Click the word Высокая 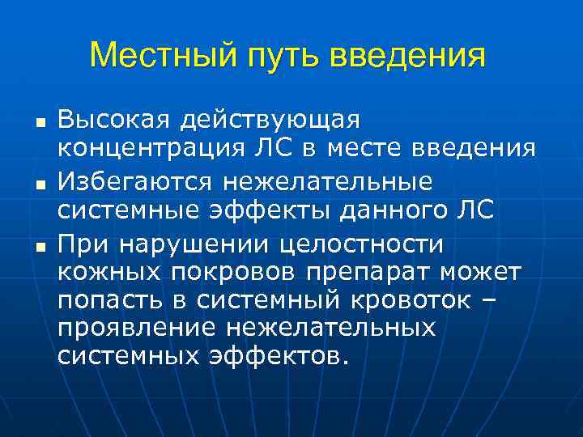pos(113,120)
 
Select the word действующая pos(270,121)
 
